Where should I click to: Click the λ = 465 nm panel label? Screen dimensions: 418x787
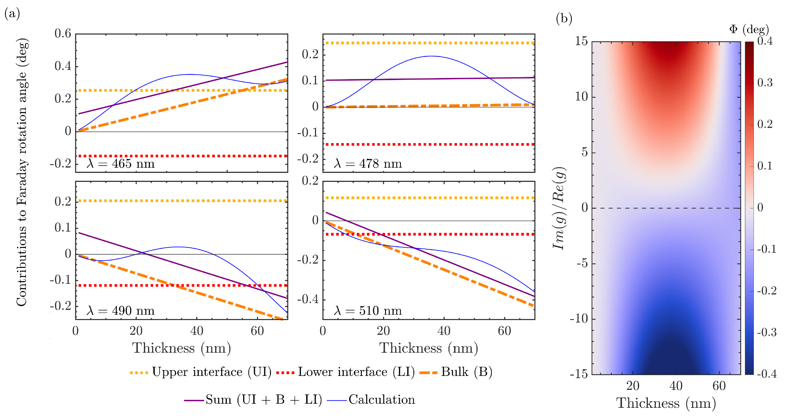click(121, 164)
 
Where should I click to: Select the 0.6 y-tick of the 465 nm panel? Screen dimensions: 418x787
click(63, 34)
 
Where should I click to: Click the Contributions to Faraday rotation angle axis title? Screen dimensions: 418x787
click(22, 172)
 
